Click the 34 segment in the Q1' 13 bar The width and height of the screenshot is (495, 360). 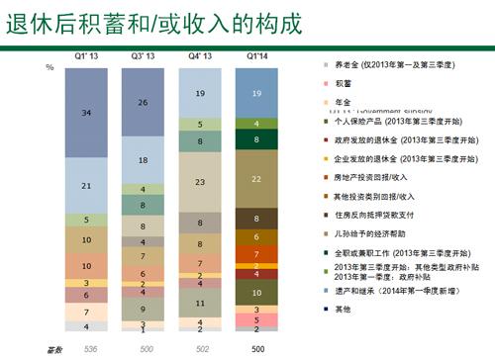click(x=88, y=114)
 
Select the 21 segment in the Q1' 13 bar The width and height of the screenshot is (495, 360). click(x=88, y=186)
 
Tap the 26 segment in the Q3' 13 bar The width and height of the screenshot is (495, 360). click(x=145, y=102)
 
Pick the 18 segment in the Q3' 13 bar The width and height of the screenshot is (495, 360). click(x=145, y=159)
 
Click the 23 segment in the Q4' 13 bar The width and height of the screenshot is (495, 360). click(x=201, y=183)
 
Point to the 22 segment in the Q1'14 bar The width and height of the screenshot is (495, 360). click(x=256, y=178)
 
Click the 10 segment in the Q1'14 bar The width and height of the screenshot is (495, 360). click(x=256, y=293)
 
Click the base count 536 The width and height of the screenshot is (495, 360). click(x=87, y=348)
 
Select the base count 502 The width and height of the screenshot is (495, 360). click(x=200, y=348)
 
